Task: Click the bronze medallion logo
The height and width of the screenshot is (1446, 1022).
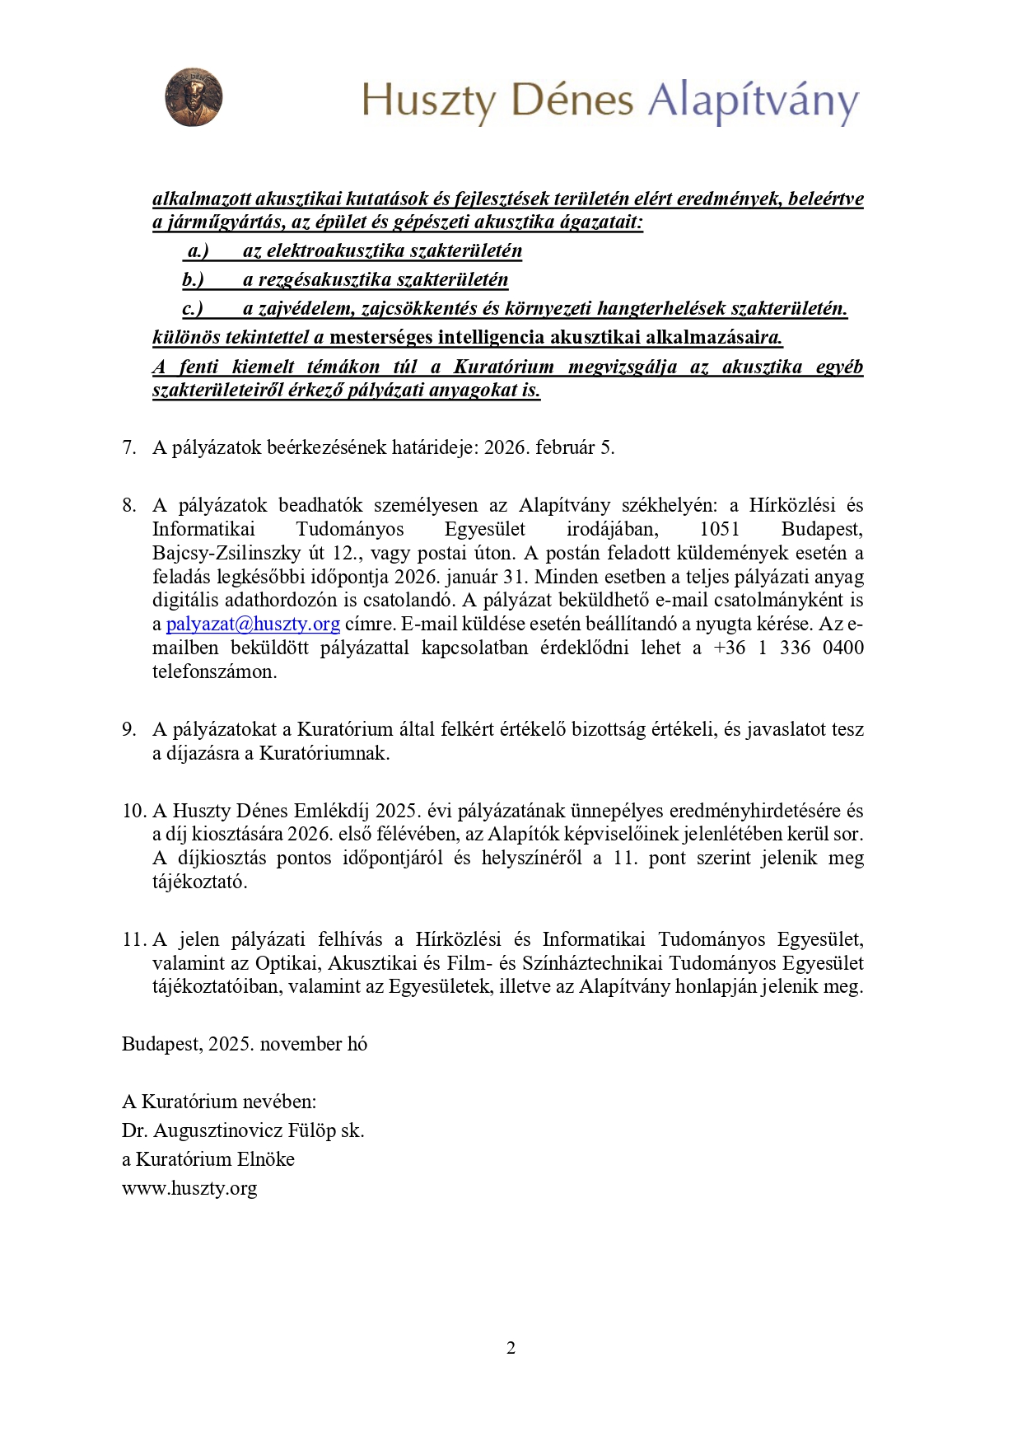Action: tap(194, 97)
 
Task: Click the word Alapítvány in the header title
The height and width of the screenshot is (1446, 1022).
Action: tap(753, 101)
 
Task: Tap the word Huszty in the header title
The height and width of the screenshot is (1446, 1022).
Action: tap(429, 101)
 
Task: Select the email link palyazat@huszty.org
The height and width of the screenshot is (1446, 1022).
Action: tap(253, 624)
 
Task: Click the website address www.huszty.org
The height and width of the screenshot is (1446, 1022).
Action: tap(189, 1188)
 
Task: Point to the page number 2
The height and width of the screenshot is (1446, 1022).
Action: tap(511, 1348)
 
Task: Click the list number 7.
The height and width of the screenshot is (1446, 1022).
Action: tap(128, 447)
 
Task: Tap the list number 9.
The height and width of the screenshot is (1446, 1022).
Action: tap(128, 729)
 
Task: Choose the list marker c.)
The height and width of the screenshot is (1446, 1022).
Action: tap(193, 308)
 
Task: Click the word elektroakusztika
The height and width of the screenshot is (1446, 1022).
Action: tap(336, 250)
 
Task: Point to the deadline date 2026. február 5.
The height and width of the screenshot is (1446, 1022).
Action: tap(549, 447)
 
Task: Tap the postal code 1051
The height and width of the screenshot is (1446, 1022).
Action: tap(720, 529)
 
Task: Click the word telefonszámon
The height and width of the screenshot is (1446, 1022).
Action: tap(214, 672)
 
